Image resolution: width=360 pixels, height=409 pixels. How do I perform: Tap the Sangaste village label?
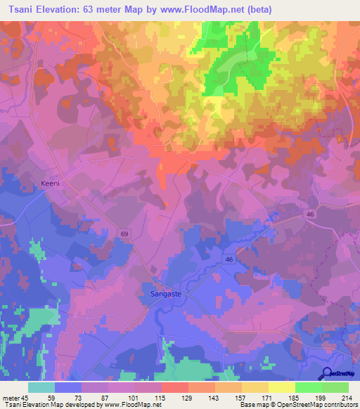[167, 295]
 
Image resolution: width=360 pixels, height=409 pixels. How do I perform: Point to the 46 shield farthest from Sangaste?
[309, 214]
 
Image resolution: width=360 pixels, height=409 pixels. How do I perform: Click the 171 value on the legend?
[268, 398]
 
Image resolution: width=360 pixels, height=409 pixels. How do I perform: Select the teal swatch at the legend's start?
[41, 387]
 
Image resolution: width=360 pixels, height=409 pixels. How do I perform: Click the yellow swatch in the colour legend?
[281, 387]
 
